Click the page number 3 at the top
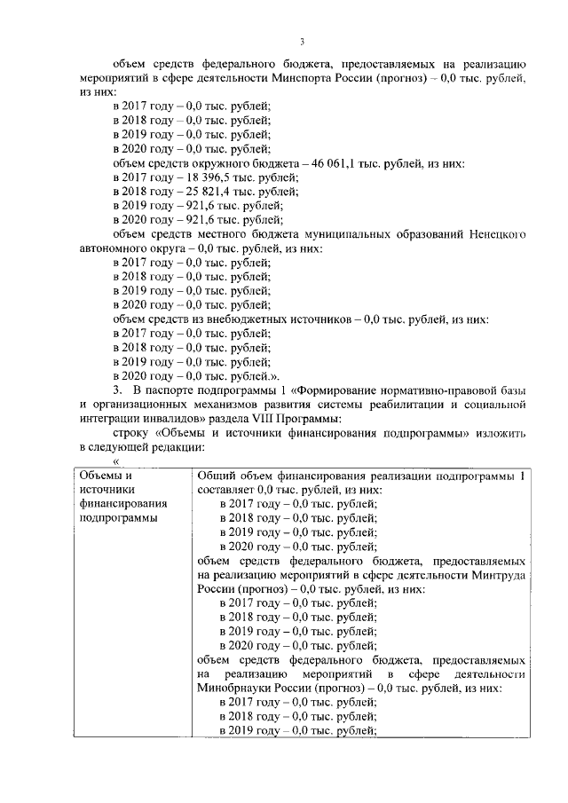point(302,42)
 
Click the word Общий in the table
point(213,475)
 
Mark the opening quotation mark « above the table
point(115,461)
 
